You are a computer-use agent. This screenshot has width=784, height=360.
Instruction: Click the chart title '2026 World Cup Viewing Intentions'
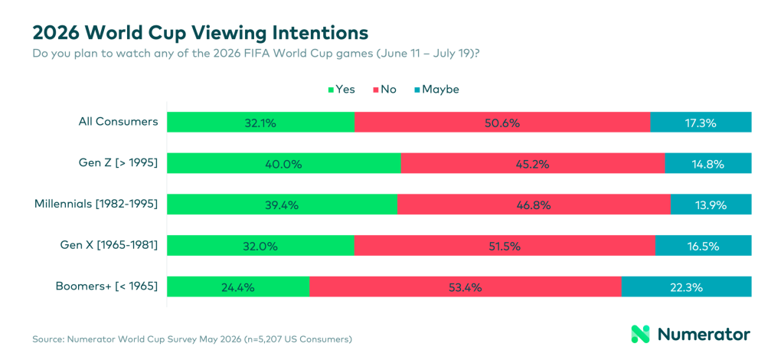pos(201,32)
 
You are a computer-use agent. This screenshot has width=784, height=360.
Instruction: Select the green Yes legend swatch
pos(331,90)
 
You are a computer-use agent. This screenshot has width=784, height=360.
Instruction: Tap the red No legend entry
pos(385,90)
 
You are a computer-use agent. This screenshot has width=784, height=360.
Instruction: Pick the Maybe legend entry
pos(436,90)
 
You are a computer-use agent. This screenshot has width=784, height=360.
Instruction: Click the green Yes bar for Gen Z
pos(284,163)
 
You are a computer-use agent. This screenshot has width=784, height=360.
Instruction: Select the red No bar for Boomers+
pos(465,287)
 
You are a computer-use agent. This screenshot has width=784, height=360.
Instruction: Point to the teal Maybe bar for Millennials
pos(711,205)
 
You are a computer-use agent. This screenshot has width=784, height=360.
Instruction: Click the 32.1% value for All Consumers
pos(261,123)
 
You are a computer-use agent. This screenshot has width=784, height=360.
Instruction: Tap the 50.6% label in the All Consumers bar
pos(502,123)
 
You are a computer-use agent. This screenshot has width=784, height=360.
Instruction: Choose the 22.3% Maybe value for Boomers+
pos(687,287)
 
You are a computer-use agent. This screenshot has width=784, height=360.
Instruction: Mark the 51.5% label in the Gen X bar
pos(505,246)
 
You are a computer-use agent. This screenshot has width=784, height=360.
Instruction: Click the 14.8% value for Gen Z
pos(708,164)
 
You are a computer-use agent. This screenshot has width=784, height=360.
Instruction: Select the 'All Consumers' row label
pos(118,122)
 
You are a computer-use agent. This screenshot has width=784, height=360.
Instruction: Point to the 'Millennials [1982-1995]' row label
pos(96,204)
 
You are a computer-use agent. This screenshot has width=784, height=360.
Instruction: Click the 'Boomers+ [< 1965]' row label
pos(107,286)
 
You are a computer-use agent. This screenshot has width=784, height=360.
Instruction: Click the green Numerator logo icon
pos(641,334)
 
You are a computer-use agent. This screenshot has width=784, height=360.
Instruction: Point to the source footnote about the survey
pos(192,339)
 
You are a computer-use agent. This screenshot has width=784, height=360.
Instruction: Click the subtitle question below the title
pos(256,53)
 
